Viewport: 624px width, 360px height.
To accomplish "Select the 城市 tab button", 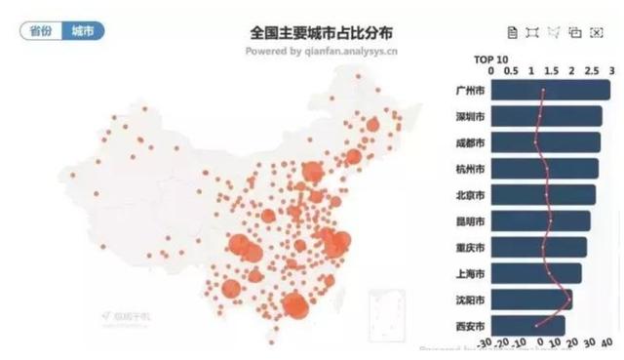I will (83, 31).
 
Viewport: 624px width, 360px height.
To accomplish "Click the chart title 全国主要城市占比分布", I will (322, 32).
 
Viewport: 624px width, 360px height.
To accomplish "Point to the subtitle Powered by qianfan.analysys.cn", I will (322, 51).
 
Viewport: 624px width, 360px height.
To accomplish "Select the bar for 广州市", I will (551, 91).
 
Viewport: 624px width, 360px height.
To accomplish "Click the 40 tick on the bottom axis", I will (606, 344).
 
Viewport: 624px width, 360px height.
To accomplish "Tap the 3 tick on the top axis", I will (611, 71).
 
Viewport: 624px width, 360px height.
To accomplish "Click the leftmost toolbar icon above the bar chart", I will (513, 32).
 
